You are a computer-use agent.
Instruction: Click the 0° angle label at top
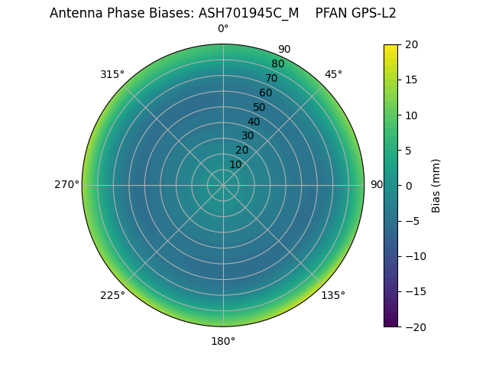click(223, 29)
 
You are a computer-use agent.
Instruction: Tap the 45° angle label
click(333, 74)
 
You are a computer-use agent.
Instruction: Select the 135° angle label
click(333, 295)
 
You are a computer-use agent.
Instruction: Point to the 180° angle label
click(223, 341)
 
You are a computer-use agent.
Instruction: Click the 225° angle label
click(112, 295)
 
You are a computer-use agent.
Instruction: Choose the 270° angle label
click(66, 184)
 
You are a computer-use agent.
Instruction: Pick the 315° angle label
click(112, 74)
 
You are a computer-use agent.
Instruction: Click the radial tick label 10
click(235, 164)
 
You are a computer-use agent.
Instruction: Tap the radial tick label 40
click(254, 122)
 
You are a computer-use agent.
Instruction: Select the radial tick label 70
click(271, 79)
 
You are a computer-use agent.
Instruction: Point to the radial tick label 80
click(277, 64)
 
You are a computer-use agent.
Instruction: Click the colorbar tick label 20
click(412, 44)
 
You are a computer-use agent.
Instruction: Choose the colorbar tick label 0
click(409, 186)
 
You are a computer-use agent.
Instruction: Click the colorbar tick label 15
click(412, 80)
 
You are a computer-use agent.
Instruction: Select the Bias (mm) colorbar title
click(436, 185)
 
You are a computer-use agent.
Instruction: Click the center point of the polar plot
click(223, 185)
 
